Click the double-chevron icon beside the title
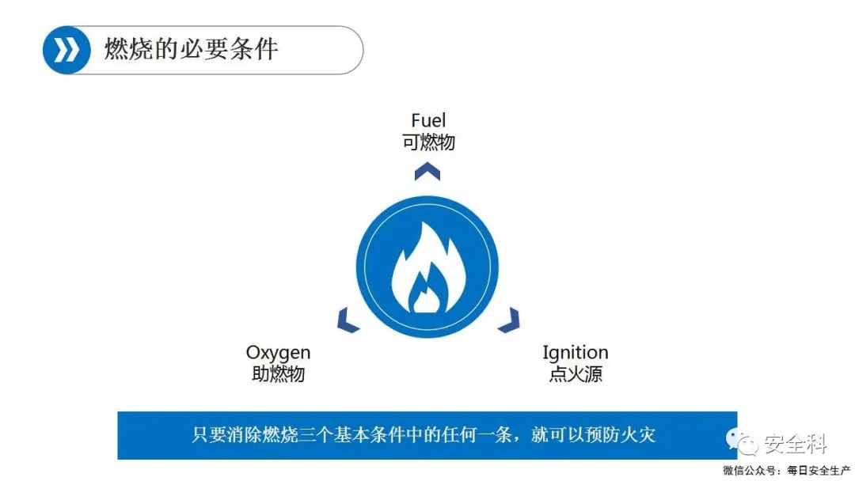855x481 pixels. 66,50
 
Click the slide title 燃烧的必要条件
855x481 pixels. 192,49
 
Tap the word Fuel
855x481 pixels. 428,119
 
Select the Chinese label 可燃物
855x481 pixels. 428,142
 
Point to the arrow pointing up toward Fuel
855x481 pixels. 427,172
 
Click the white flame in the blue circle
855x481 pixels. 428,267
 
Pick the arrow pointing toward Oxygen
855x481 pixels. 348,321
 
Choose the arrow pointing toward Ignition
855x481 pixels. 509,320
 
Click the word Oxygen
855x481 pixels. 278,353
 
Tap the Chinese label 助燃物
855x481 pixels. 278,374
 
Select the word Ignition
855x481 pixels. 576,353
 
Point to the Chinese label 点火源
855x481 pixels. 576,374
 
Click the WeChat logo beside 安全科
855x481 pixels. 742,441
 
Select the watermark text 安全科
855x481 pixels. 795,443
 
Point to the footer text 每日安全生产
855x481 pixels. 819,471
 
